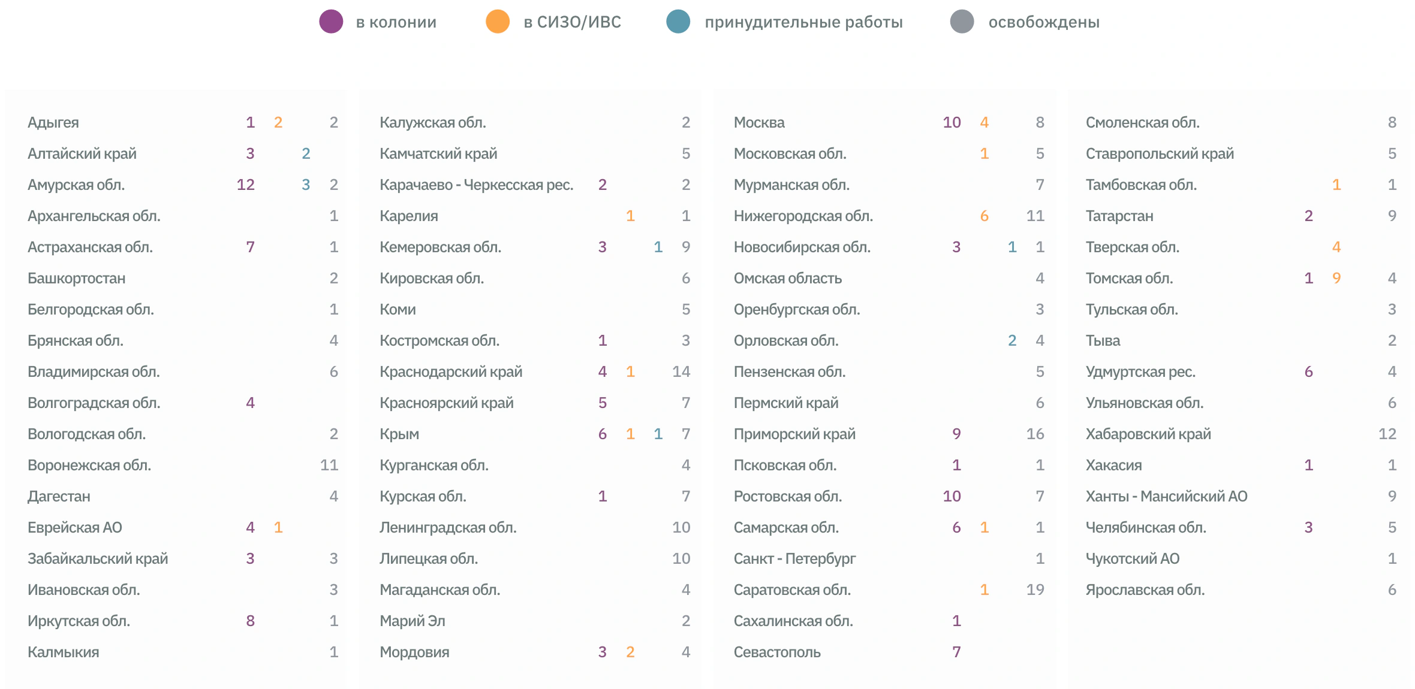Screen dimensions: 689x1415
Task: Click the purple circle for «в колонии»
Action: click(331, 22)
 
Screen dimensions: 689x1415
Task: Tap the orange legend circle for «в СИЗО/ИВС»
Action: click(498, 22)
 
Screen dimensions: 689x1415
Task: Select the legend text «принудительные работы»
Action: click(803, 22)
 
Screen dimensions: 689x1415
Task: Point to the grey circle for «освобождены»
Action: click(962, 22)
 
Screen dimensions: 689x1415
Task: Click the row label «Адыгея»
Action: click(53, 123)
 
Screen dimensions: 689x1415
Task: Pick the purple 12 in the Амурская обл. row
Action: click(246, 185)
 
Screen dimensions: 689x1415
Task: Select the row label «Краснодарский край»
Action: click(451, 372)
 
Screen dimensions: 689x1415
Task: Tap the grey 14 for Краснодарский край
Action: click(681, 372)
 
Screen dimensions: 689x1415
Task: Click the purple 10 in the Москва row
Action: click(952, 123)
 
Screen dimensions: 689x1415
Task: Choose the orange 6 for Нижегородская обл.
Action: click(985, 216)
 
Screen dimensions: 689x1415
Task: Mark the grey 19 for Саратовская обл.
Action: click(1035, 590)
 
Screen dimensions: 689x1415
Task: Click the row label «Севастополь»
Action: click(777, 652)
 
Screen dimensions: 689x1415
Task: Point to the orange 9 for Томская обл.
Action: click(1336, 279)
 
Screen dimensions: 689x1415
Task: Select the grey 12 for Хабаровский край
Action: click(1387, 434)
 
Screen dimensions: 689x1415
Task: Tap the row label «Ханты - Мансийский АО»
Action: click(1166, 497)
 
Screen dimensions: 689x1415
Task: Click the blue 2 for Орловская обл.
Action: click(1012, 341)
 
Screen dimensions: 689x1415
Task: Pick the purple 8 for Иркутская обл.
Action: click(251, 621)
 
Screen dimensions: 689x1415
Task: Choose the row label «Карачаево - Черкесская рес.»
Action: click(477, 185)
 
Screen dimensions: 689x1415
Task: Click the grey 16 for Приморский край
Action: click(1035, 434)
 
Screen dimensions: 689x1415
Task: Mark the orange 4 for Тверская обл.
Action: click(1336, 247)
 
